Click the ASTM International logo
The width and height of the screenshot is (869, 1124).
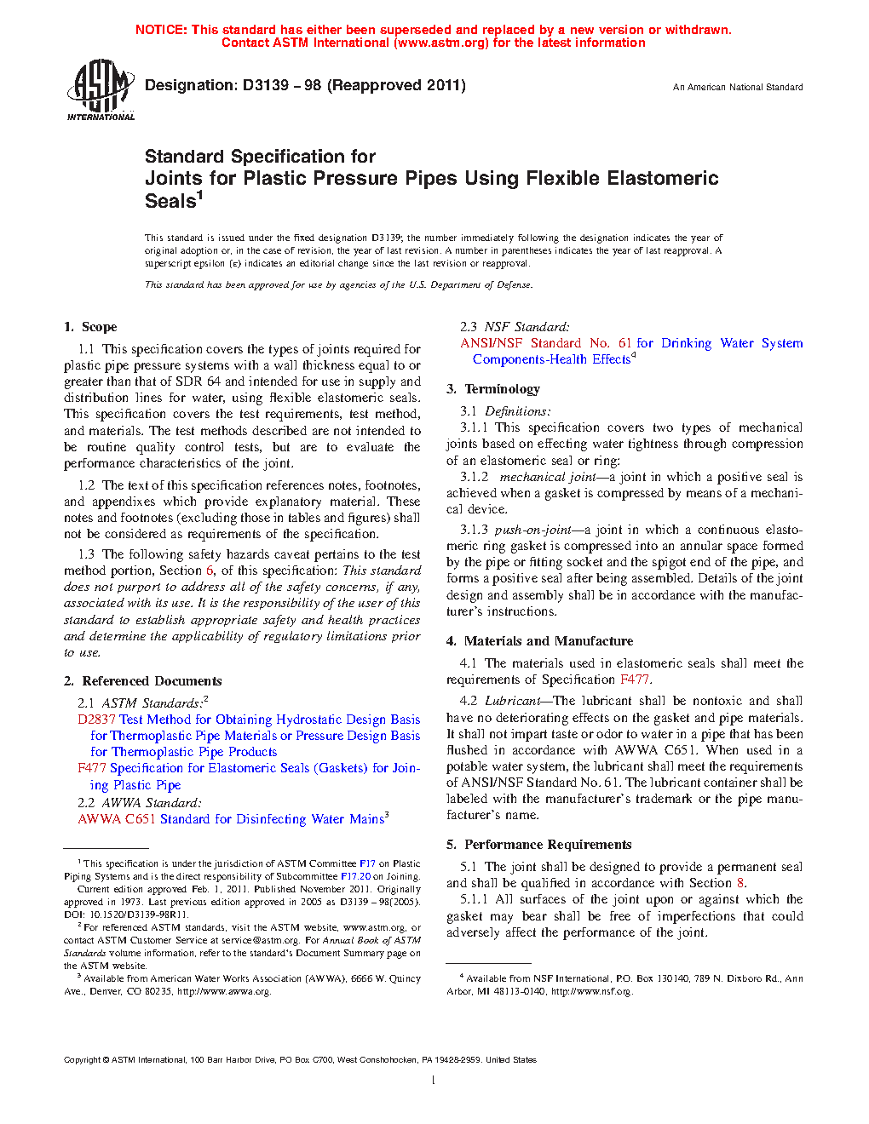pos(101,89)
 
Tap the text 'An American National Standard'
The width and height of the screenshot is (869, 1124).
pos(738,87)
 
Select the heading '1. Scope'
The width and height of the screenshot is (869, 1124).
pos(90,327)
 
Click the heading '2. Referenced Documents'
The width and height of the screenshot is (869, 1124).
pos(142,681)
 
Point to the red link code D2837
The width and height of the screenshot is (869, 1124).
pos(96,720)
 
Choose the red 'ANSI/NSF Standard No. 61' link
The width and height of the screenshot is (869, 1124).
pos(546,343)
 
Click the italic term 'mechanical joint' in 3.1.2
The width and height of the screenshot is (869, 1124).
pos(548,477)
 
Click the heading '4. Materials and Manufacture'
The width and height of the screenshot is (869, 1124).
pos(539,641)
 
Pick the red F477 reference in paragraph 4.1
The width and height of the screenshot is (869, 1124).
pos(634,680)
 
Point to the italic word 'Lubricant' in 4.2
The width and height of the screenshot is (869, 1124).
pos(512,701)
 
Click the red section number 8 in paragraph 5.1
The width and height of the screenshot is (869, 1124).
pos(740,883)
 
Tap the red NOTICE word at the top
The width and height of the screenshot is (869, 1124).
pos(161,30)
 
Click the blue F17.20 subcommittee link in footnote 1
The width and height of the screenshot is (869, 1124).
pos(355,876)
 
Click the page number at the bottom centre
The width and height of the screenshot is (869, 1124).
pos(434,1081)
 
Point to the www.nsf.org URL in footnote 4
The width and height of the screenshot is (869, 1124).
pos(607,991)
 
